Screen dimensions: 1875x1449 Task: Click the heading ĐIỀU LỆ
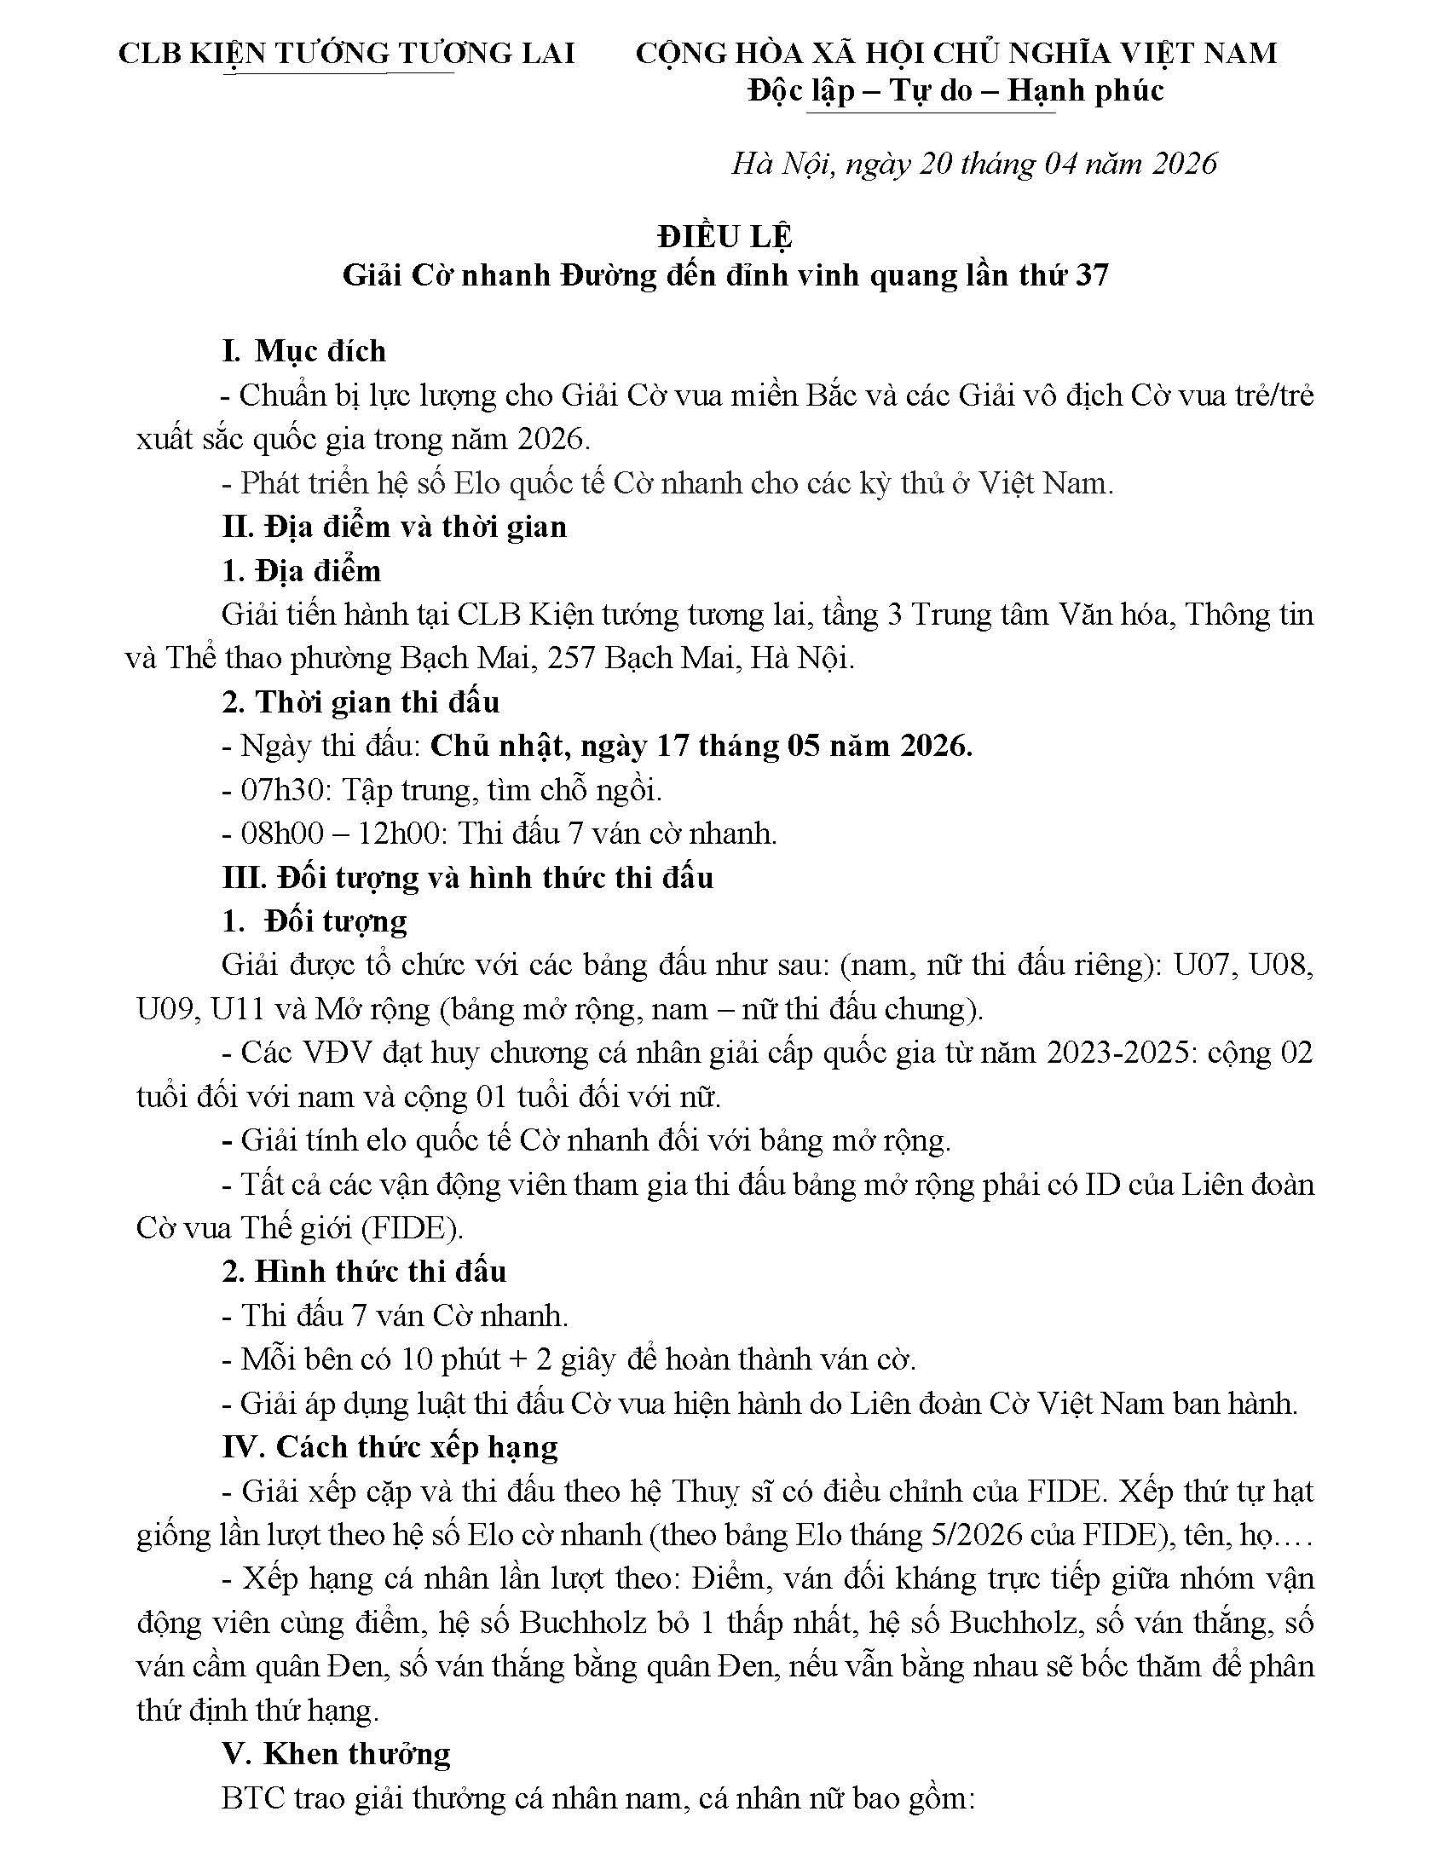pyautogui.click(x=724, y=235)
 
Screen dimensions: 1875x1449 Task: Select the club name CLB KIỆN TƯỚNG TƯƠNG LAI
pyautogui.click(x=346, y=53)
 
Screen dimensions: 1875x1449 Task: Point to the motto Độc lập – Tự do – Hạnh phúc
pyautogui.click(x=955, y=90)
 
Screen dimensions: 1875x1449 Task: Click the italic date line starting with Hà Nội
pyautogui.click(x=973, y=163)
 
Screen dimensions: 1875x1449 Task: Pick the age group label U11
pyautogui.click(x=237, y=1009)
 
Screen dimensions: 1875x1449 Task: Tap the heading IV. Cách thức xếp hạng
pyautogui.click(x=390, y=1447)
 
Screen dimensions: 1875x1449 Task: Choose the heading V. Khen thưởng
pyautogui.click(x=336, y=1753)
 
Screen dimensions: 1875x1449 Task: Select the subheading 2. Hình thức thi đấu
pyautogui.click(x=364, y=1272)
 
